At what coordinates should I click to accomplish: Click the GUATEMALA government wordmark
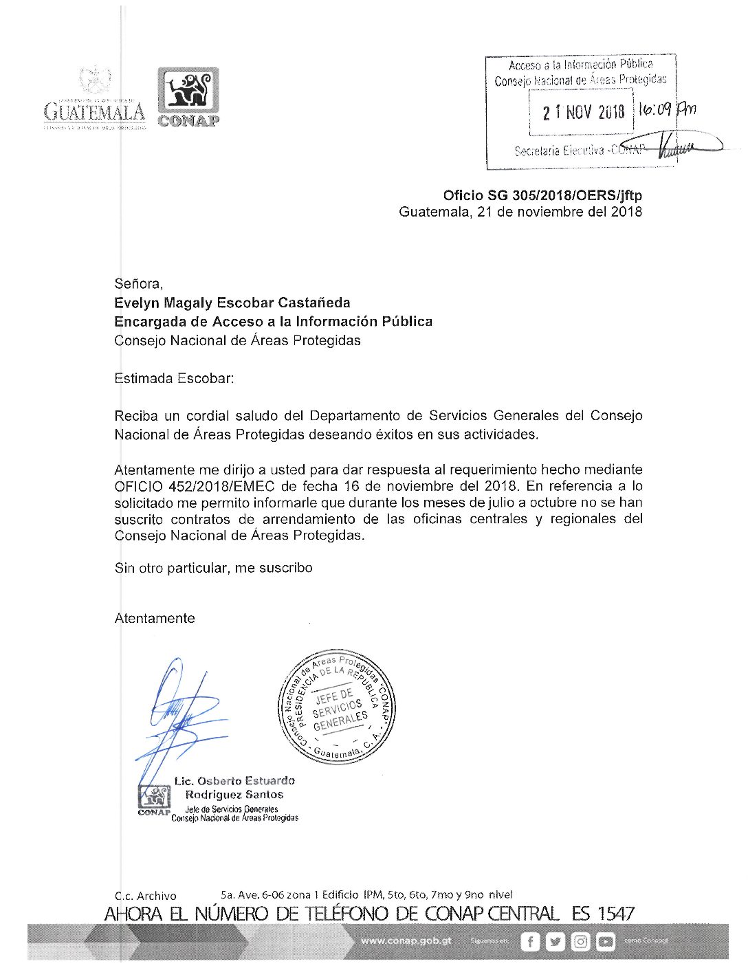click(x=95, y=111)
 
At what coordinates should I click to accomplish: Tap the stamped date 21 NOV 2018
click(x=583, y=112)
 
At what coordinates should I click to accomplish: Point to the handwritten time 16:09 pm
click(x=666, y=109)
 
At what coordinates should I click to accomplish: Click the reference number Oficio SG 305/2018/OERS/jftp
click(x=542, y=195)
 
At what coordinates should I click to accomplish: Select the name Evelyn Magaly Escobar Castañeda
click(x=232, y=302)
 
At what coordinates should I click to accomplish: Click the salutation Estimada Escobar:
click(x=174, y=378)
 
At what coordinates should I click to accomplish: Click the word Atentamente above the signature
click(x=155, y=618)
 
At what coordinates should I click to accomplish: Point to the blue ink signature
click(x=179, y=715)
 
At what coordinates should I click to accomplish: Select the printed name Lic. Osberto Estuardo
click(x=234, y=781)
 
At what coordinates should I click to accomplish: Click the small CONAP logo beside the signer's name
click(x=154, y=800)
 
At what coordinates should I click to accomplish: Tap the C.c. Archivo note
click(x=145, y=896)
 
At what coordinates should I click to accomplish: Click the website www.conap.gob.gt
click(x=406, y=940)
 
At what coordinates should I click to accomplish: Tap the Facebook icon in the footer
click(x=530, y=941)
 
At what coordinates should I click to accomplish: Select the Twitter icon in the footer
click(x=555, y=941)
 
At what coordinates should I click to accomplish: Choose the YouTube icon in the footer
click(x=606, y=941)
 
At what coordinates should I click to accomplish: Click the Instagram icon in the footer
click(x=581, y=941)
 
